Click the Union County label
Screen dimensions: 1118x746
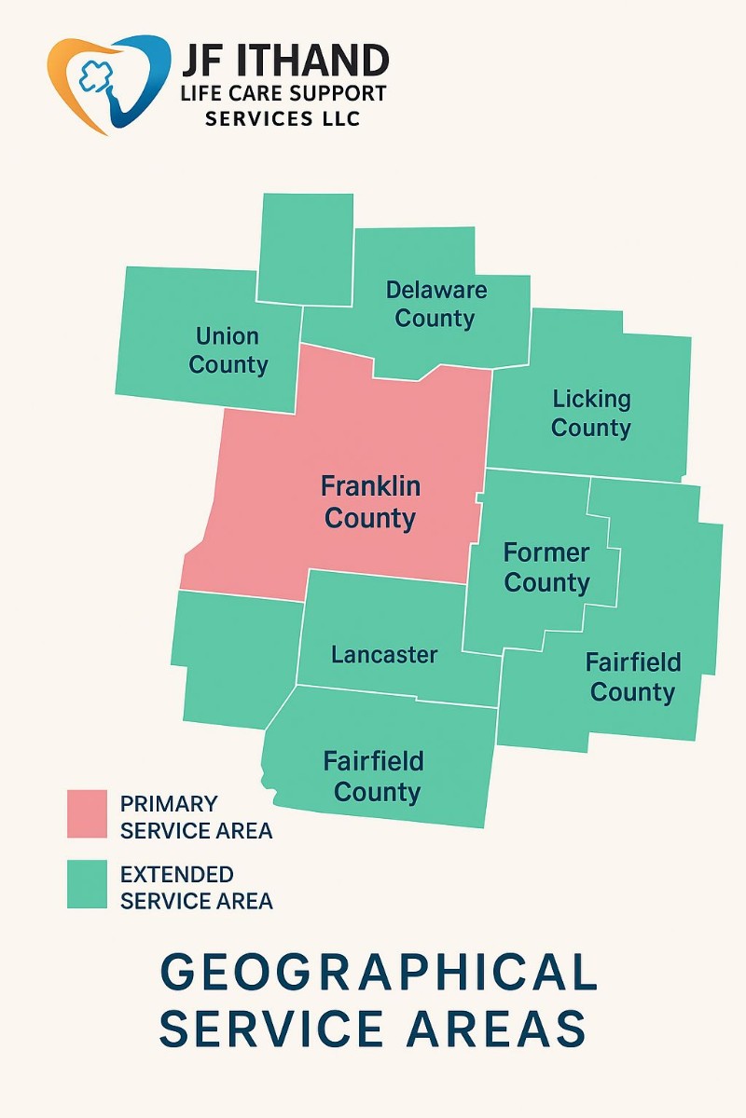(x=228, y=350)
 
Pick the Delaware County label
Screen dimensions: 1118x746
(x=435, y=304)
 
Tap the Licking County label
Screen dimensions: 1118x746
(x=591, y=414)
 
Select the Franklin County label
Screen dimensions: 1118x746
(x=370, y=502)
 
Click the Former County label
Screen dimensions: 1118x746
(x=546, y=567)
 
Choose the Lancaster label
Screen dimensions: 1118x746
(x=384, y=655)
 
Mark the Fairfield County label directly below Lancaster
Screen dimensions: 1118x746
(x=374, y=777)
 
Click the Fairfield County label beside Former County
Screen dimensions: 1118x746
(x=633, y=677)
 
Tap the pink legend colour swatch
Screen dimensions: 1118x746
(x=87, y=814)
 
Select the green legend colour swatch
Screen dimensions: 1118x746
(x=87, y=884)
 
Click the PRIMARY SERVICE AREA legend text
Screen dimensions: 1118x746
(x=196, y=817)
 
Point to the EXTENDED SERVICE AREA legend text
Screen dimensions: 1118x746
(x=196, y=888)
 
